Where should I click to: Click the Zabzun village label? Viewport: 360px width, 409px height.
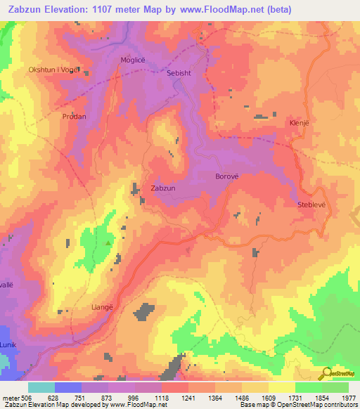click(x=163, y=188)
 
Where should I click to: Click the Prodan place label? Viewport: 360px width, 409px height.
click(x=74, y=117)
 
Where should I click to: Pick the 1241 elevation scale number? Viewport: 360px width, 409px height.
click(x=189, y=398)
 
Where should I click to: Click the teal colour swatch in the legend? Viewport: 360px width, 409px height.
click(x=41, y=387)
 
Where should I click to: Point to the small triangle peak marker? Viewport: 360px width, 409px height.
click(x=108, y=243)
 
